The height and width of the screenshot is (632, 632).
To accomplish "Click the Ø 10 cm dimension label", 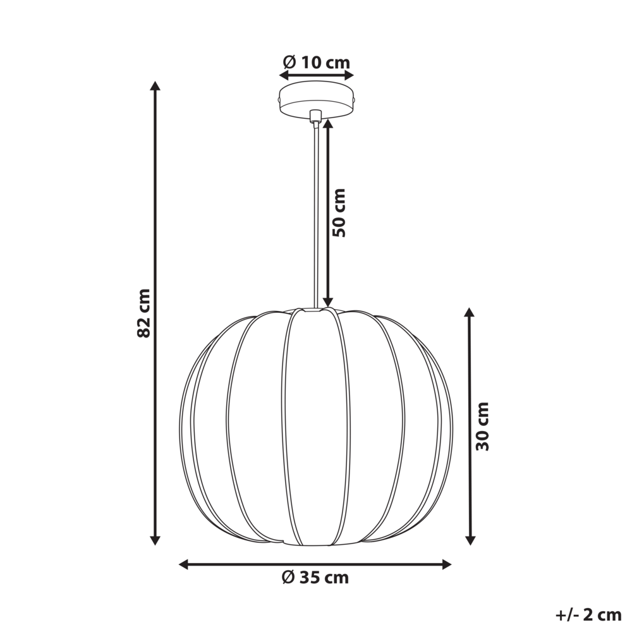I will (x=316, y=62).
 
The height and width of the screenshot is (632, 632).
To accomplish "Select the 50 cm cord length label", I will (x=340, y=212).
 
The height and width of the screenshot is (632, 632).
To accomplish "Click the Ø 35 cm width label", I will (x=315, y=577).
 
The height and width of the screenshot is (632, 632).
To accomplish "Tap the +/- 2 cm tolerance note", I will (x=588, y=614).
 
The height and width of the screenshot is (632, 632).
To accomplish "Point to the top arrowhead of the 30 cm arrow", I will (x=469, y=313).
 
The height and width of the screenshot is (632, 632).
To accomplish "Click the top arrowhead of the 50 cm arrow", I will (x=327, y=123).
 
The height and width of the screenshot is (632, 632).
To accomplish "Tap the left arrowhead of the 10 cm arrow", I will (x=284, y=75).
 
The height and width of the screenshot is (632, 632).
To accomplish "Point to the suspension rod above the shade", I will (x=315, y=215).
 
